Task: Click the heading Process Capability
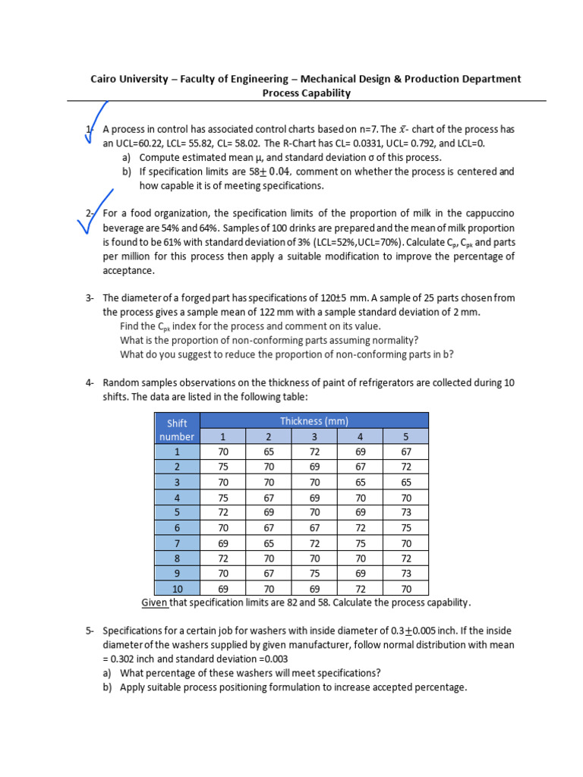306,93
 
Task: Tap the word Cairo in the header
106,79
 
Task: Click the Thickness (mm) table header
314,420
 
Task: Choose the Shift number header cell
176,429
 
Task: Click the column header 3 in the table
314,436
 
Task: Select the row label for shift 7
176,543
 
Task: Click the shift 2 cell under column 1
222,467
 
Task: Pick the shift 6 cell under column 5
405,527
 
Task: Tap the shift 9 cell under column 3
314,573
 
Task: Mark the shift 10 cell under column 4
360,588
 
